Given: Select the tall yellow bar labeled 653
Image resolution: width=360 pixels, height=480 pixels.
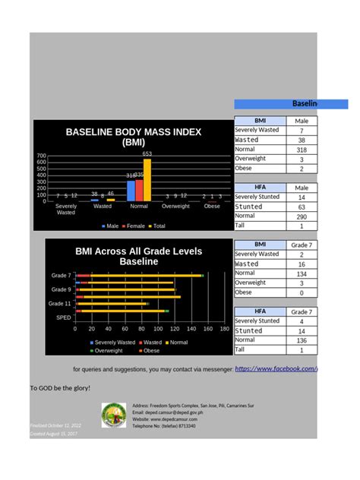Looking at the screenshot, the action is coord(147,181).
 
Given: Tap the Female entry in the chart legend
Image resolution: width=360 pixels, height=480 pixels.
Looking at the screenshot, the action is coord(135,226).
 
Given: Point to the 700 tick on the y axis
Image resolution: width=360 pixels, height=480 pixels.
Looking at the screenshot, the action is coord(41,156).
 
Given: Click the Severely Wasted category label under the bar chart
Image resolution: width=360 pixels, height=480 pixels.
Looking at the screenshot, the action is coord(66,209).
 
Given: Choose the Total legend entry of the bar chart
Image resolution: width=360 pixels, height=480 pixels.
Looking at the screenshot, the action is coord(157,226).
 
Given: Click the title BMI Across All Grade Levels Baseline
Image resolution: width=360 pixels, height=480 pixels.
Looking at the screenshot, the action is coord(128,255).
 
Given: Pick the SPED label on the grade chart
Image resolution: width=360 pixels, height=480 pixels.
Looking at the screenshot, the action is coord(63,317).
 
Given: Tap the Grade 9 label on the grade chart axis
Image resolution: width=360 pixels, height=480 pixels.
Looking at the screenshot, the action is coord(61,289).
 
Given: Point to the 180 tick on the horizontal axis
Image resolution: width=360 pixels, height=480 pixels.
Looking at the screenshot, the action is coord(225,329).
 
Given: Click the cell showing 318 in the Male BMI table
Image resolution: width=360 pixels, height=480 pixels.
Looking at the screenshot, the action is coord(301,150).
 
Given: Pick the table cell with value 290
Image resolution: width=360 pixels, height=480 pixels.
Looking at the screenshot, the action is coord(301,216).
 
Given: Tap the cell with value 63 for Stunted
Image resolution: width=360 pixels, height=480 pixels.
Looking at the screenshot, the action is coord(301,207).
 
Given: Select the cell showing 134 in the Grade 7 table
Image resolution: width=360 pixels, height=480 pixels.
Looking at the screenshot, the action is coord(301,273).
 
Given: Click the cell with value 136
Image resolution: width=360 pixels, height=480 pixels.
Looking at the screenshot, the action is coord(301,340).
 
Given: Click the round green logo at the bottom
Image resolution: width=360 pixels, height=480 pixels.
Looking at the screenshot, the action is coord(114,415).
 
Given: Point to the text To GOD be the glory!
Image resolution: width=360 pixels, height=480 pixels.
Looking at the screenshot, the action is coord(60,388).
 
